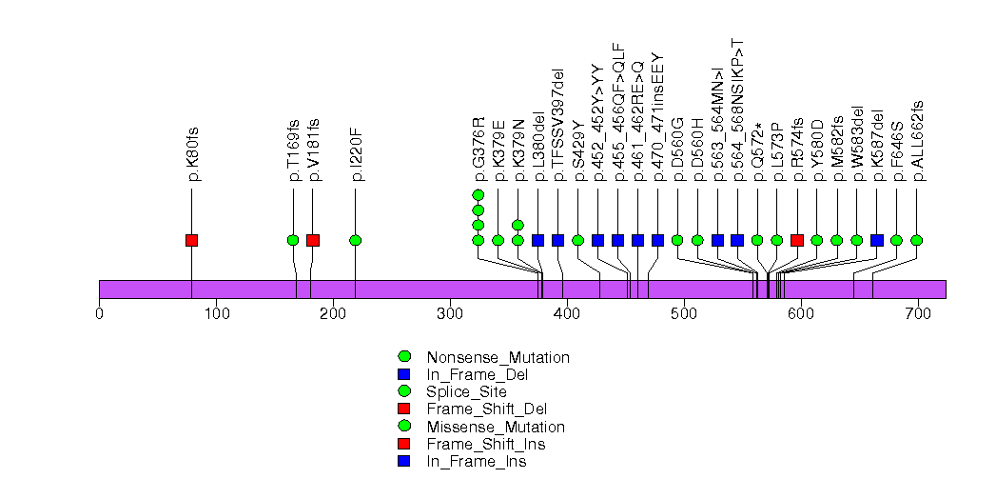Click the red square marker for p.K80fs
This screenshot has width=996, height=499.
[191, 240]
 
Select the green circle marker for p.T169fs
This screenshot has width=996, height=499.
[293, 240]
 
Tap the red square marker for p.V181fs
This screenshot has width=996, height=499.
[313, 240]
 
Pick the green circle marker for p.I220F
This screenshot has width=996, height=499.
[355, 240]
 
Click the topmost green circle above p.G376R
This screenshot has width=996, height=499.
[478, 195]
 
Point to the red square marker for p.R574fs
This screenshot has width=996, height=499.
[797, 240]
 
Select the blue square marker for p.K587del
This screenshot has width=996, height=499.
[877, 240]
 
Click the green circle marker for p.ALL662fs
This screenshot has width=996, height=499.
[917, 240]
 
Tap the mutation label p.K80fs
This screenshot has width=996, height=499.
[193, 153]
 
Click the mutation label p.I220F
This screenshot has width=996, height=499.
[357, 153]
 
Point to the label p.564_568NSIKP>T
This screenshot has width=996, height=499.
[738, 110]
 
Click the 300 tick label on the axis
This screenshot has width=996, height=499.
[450, 313]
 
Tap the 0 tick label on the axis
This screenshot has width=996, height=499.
[99, 313]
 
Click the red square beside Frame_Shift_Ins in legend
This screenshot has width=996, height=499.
[403, 444]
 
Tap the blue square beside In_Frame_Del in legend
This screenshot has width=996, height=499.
[403, 374]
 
